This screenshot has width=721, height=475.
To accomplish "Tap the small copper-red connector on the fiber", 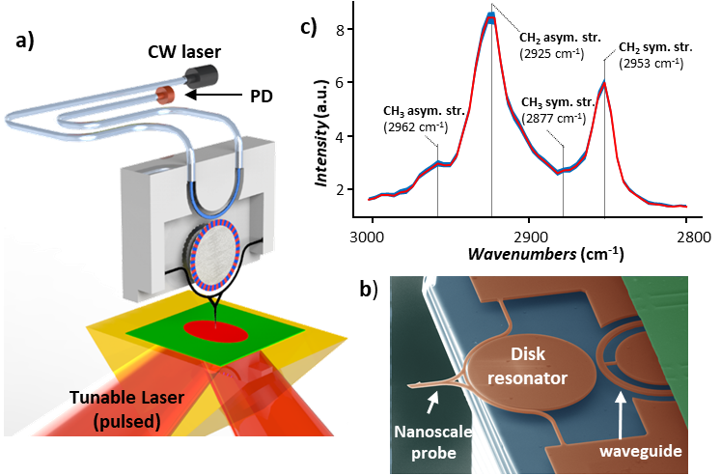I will [166, 93].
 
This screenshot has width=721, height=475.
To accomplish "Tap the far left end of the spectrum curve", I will [370, 200].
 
